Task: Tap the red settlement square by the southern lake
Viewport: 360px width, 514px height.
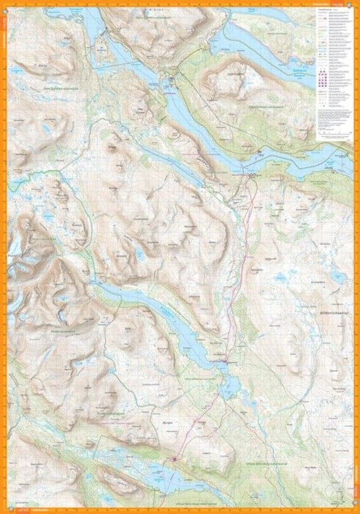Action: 175,459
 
